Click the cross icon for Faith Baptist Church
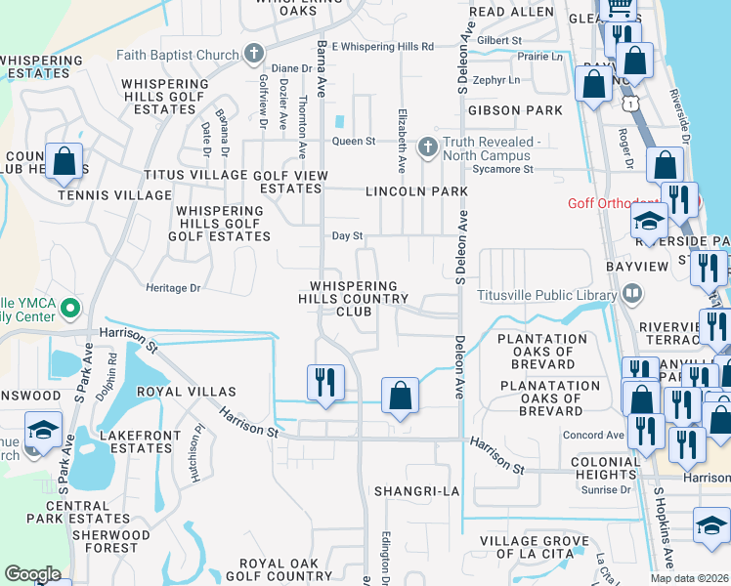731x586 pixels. pyautogui.click(x=254, y=53)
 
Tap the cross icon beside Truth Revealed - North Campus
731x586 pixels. pyautogui.click(x=426, y=147)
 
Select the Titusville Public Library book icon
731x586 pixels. pyautogui.click(x=631, y=294)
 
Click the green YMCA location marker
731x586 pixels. pyautogui.click(x=68, y=310)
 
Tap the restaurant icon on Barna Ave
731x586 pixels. pyautogui.click(x=325, y=382)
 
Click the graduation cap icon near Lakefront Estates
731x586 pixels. pyautogui.click(x=42, y=430)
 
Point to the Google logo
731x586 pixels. pyautogui.click(x=32, y=574)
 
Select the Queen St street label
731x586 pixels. pyautogui.click(x=354, y=142)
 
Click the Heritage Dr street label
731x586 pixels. pyautogui.click(x=172, y=288)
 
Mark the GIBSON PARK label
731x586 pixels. pyautogui.click(x=515, y=111)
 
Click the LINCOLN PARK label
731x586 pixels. pyautogui.click(x=416, y=191)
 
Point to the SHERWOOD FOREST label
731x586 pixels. pyautogui.click(x=104, y=541)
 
